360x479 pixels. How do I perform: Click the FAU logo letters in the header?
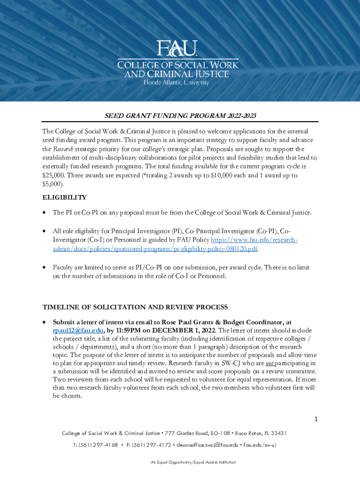coord(177,48)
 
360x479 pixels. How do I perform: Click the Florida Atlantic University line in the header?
coord(176,82)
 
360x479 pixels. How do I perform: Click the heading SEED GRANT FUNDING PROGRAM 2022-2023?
coord(180,116)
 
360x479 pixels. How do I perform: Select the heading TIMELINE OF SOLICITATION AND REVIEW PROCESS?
coord(135,307)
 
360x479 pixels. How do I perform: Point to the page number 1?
coord(316,419)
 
